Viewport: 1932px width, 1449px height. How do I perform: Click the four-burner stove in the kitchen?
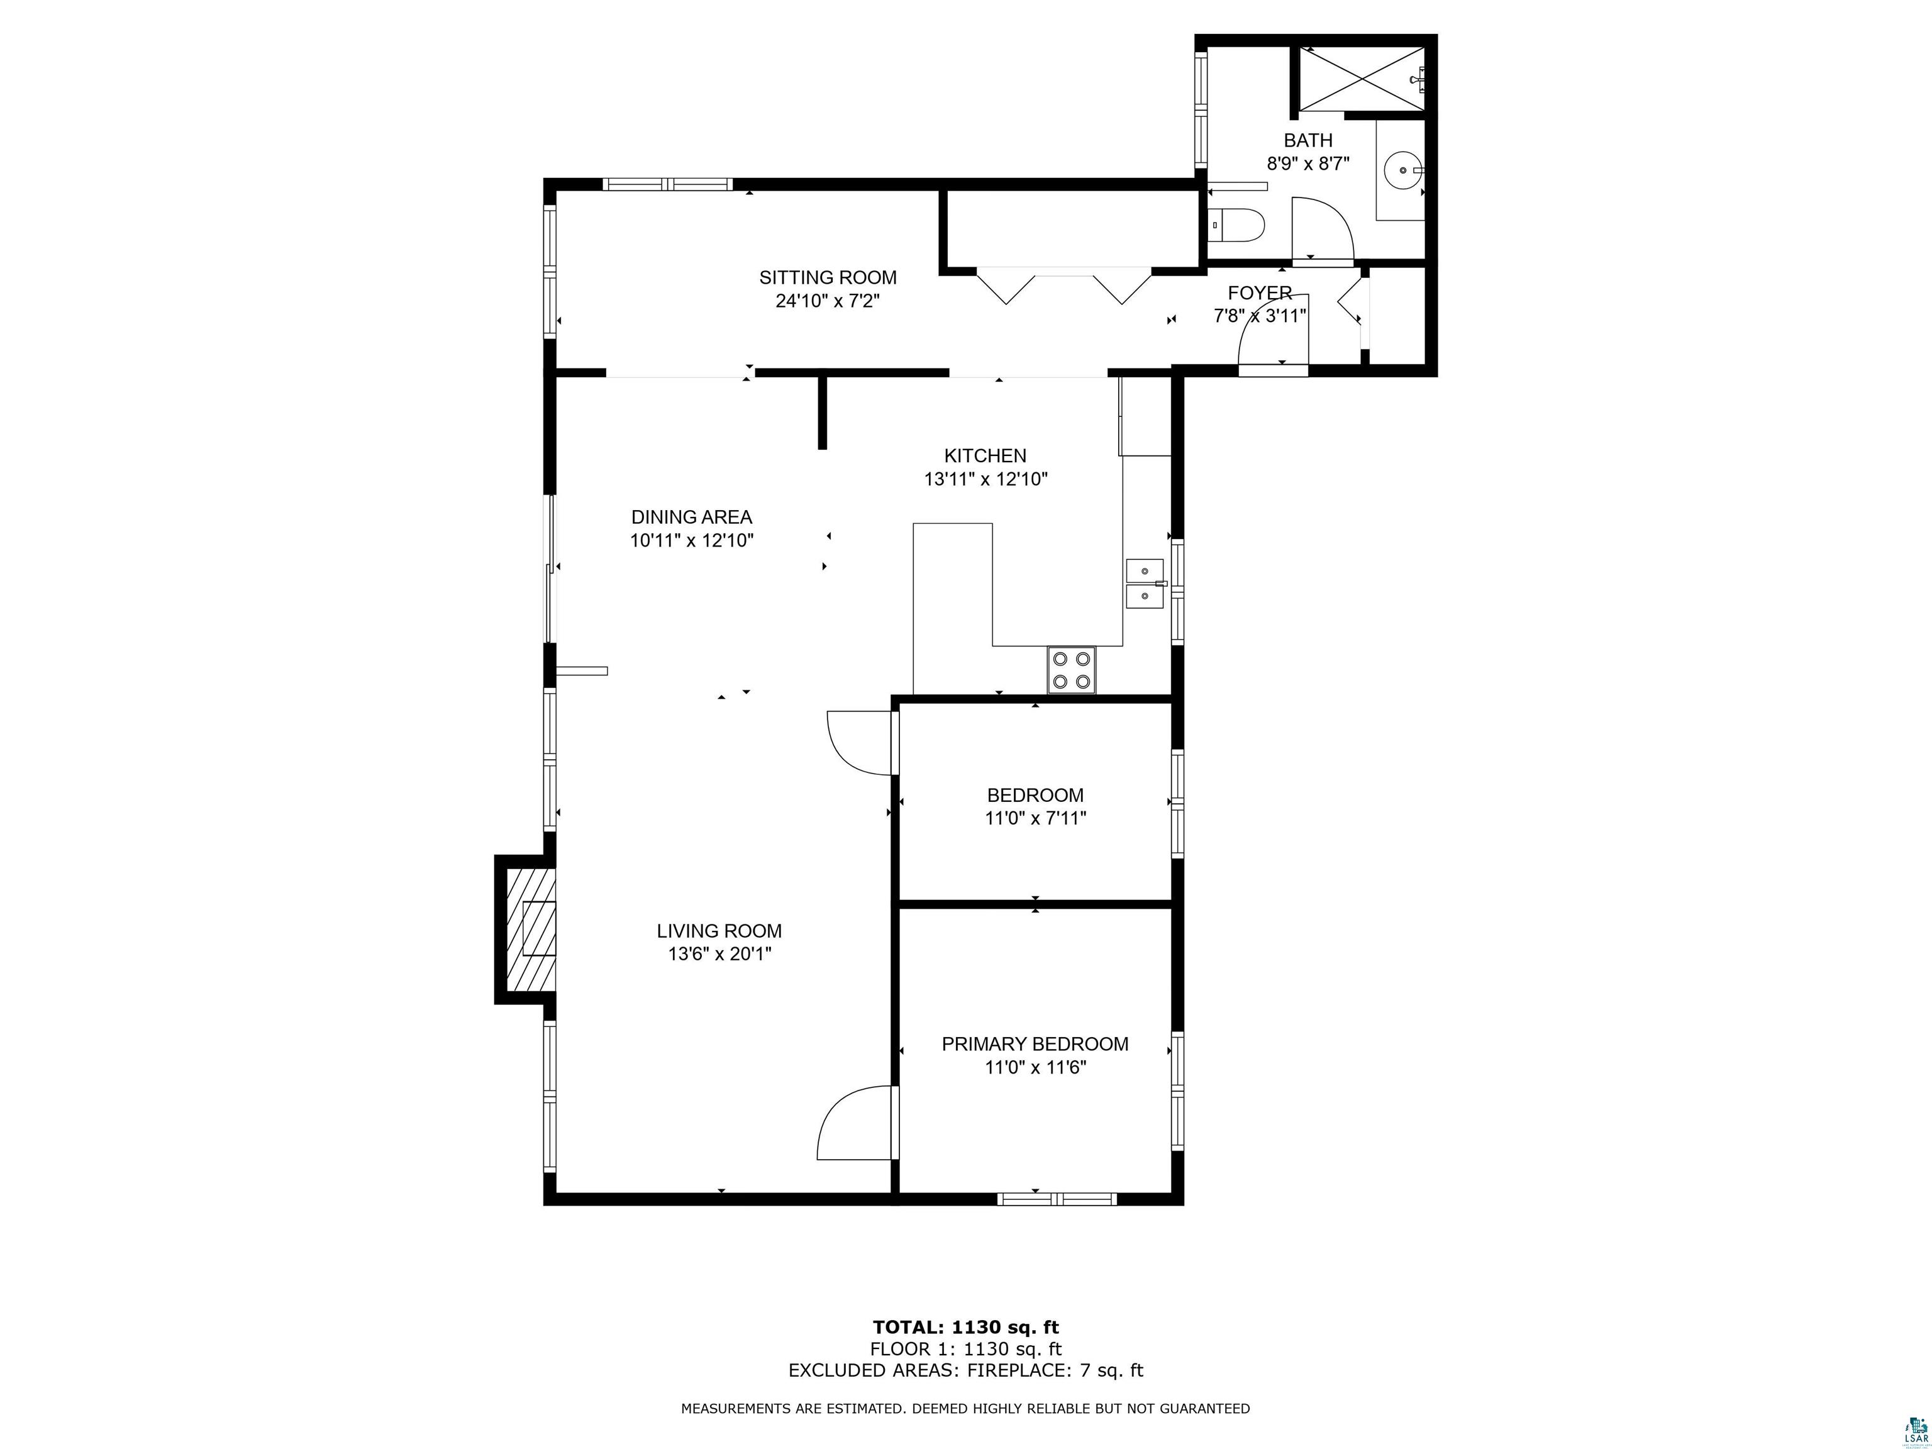1072,670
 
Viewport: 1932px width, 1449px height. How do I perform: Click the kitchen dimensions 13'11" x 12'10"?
986,479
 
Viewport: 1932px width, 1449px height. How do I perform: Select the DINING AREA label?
692,517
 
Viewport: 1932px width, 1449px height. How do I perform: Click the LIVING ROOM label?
719,931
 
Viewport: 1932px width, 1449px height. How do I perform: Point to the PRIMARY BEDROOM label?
1035,1044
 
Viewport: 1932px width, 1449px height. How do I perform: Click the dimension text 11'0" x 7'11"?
1036,818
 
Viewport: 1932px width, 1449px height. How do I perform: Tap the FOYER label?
1260,292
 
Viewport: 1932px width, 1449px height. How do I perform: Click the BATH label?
1308,140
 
